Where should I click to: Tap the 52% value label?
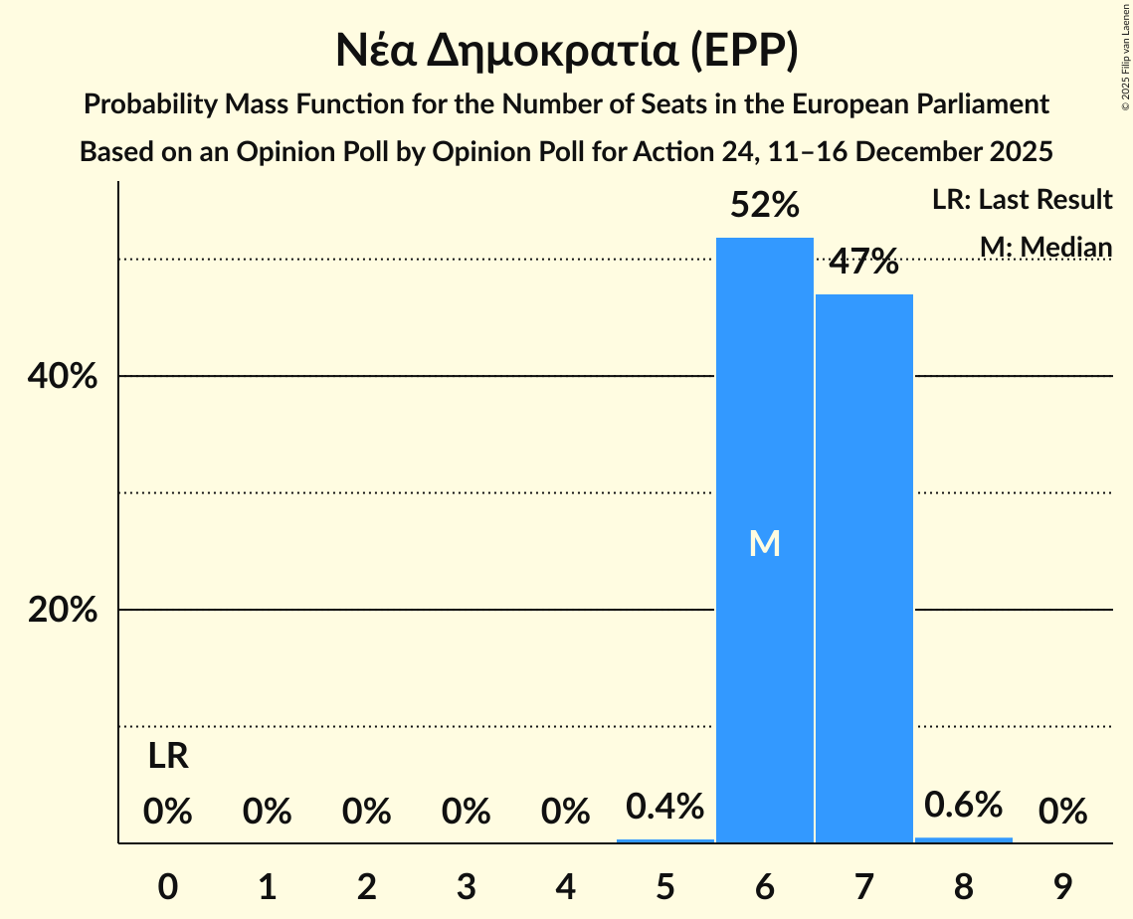[764, 206]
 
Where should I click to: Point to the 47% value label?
[863, 263]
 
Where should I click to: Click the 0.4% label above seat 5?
[664, 807]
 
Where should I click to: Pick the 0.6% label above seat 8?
[963, 805]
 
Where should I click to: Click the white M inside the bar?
[764, 543]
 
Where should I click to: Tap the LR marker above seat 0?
[168, 757]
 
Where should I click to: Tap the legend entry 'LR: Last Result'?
[1022, 200]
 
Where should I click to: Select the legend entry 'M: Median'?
[1044, 246]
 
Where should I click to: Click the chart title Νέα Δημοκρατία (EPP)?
[566, 51]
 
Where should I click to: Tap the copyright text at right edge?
[1125, 70]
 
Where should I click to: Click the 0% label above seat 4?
[565, 813]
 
